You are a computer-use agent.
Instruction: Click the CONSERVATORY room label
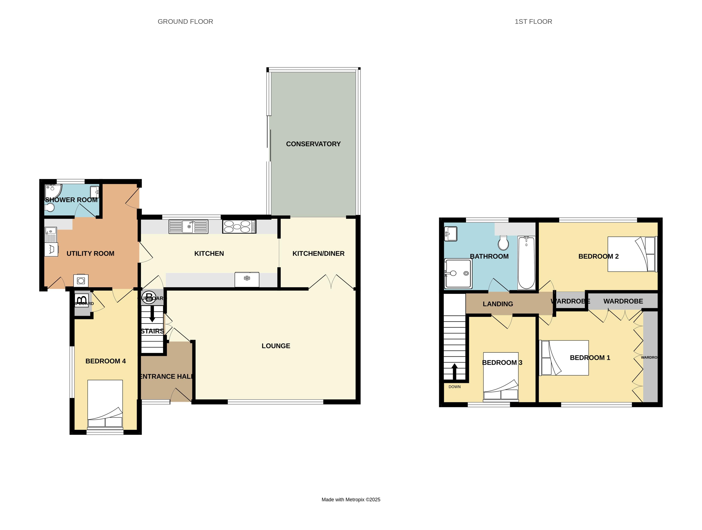[x=313, y=144]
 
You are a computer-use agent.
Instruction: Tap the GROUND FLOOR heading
[x=185, y=22]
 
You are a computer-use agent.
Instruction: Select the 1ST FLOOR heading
[x=533, y=22]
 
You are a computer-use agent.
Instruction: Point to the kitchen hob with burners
[x=239, y=227]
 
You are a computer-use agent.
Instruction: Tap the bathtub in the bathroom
[x=526, y=263]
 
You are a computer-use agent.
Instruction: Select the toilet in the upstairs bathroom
[x=503, y=243]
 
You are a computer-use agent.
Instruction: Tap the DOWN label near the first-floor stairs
[x=454, y=387]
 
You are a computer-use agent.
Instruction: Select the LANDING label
[x=498, y=304]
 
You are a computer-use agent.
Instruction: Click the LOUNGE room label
[x=276, y=346]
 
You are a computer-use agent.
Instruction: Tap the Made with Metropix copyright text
[x=351, y=500]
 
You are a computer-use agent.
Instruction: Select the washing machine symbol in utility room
[x=81, y=280]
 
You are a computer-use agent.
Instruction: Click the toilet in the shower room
[x=49, y=208]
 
